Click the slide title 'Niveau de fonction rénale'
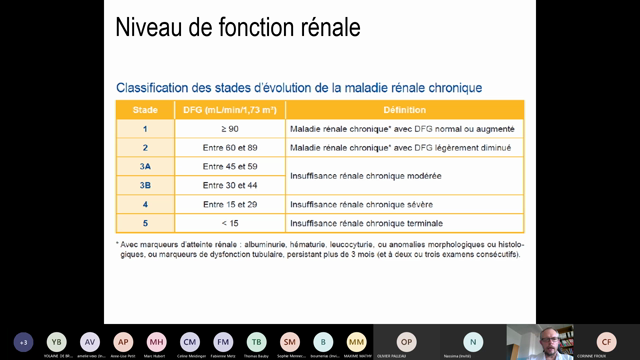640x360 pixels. (x=238, y=27)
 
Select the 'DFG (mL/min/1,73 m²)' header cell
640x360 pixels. (x=229, y=110)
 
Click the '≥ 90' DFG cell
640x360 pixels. (x=229, y=129)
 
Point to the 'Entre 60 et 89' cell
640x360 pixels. (x=229, y=148)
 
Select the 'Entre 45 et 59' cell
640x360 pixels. (x=229, y=166)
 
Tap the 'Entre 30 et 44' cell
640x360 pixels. (x=229, y=185)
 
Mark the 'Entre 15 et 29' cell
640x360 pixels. (x=229, y=204)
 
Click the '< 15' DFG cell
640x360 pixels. (x=229, y=223)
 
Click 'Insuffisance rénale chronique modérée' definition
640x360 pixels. (x=365, y=176)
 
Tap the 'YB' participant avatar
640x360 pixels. (x=57, y=341)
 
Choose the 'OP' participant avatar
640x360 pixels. (x=406, y=341)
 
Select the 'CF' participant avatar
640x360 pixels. (x=606, y=341)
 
